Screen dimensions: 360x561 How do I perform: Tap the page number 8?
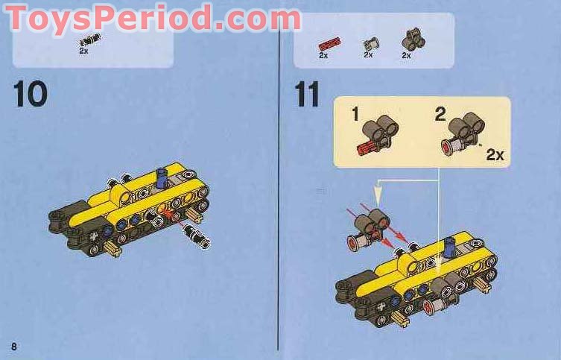pos(13,347)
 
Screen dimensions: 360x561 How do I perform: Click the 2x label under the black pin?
pos(84,51)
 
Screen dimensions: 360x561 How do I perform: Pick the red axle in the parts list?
pos(329,43)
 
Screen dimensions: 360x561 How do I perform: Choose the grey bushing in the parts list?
pos(369,43)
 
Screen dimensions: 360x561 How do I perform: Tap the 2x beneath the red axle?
pos(323,55)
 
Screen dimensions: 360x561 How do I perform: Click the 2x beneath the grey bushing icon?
pos(368,55)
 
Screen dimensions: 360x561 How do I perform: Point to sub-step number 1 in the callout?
pos(355,114)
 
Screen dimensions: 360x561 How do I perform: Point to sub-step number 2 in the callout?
pos(440,114)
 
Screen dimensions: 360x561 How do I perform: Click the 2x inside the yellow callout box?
pos(494,154)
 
